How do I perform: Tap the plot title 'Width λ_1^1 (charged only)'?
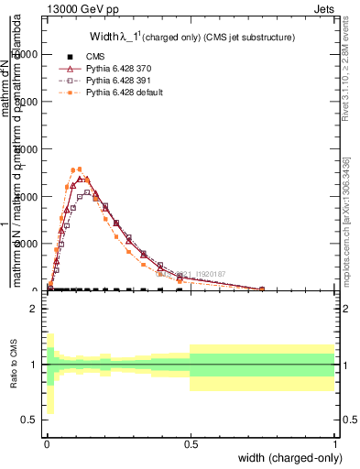(x=191, y=38)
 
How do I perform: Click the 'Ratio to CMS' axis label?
(x=12, y=365)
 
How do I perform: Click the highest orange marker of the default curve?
(x=81, y=169)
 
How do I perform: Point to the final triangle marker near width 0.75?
(x=262, y=289)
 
